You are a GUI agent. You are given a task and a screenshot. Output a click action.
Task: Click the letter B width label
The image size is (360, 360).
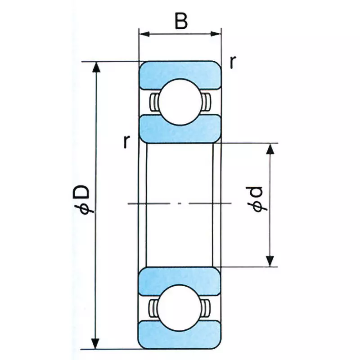pos(180,21)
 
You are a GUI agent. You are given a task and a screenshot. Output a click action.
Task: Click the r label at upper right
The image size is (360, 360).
pos(232,63)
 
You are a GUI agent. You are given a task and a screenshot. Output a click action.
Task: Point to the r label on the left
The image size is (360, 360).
pos(127,143)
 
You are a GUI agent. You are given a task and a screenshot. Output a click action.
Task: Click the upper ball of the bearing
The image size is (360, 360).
pos(180,102)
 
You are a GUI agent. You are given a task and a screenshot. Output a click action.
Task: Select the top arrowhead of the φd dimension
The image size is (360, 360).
pos(270,149)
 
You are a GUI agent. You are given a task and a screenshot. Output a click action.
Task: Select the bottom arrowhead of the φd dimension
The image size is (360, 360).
pos(270,261)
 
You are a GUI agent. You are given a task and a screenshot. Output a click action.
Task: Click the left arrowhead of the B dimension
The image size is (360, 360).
pos(144,34)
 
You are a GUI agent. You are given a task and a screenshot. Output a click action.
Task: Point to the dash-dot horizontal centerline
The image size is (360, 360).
pos(180,204)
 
